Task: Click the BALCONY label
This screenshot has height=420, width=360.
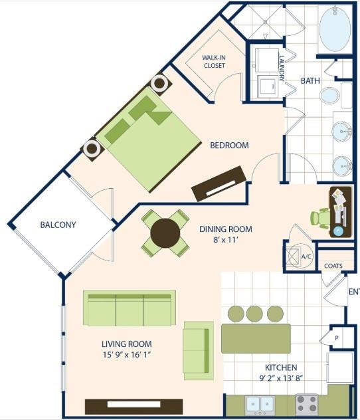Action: (x=58, y=225)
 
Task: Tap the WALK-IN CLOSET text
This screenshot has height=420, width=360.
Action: (x=214, y=62)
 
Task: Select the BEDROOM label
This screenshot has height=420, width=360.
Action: (x=229, y=146)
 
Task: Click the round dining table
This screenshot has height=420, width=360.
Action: (x=165, y=233)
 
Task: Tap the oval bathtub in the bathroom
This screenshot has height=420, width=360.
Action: (x=337, y=29)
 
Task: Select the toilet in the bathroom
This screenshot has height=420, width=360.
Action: (x=329, y=96)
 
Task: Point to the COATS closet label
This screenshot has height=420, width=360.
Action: (x=333, y=266)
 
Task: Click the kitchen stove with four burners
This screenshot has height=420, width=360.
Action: (x=306, y=403)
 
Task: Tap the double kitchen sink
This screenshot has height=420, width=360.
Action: (x=261, y=403)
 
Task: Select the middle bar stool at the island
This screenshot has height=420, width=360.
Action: (x=254, y=313)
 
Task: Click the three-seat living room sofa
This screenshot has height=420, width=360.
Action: (x=130, y=308)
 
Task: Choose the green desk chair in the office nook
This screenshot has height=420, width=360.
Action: (x=321, y=217)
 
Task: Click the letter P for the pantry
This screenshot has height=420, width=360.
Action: (x=337, y=338)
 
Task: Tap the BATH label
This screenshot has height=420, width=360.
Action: (x=310, y=80)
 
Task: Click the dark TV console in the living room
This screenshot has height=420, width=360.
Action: (x=134, y=405)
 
